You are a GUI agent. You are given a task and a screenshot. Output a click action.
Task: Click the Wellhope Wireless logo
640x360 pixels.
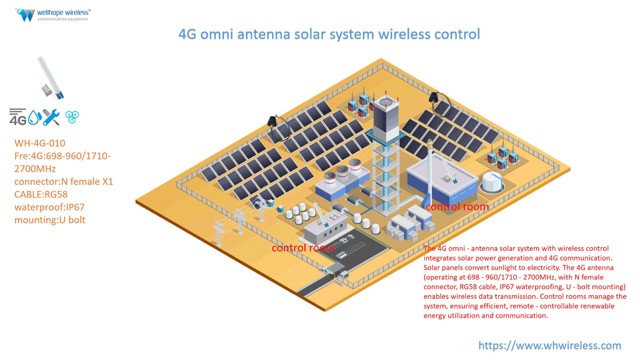pos(53,14)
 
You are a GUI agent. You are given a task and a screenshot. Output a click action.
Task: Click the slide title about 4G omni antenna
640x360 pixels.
pos(329,34)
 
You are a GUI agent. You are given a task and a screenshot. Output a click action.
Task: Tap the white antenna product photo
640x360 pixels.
pos(50,78)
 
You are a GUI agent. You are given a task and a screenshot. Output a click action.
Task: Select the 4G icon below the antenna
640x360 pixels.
pos(18,117)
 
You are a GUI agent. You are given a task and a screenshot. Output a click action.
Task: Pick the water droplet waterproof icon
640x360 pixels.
pos(34,117)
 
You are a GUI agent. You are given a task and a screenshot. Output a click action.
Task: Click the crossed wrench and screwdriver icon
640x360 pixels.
pos(51,117)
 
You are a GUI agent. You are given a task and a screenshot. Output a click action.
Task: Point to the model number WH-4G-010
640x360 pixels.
pos(39,143)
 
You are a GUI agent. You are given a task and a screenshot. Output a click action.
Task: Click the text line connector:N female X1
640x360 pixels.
pos(63,182)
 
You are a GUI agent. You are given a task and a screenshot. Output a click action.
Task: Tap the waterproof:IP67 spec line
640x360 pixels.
pos(49,207)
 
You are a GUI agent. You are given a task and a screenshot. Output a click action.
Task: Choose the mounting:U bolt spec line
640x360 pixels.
pos(50,220)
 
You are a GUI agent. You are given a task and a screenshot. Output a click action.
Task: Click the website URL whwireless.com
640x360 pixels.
pos(549,346)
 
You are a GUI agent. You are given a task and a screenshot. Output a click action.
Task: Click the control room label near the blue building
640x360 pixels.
pos(457,207)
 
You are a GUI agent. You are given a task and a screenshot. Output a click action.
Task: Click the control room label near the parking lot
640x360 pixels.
pos(303,248)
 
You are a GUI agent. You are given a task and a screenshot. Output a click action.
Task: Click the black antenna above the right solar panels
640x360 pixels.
pos(434,99)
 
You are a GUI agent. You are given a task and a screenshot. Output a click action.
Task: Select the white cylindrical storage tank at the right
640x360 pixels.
pos(492,181)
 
